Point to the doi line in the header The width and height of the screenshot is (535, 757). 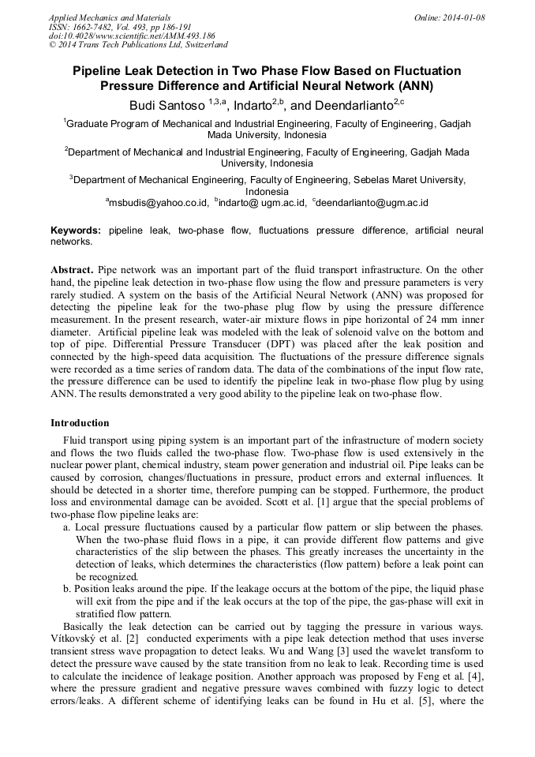(132, 36)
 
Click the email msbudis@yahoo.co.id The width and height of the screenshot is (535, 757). (158, 203)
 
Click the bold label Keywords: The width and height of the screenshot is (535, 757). (76, 230)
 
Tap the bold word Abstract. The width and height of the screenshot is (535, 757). (73, 269)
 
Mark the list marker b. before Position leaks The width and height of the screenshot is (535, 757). (68, 589)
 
